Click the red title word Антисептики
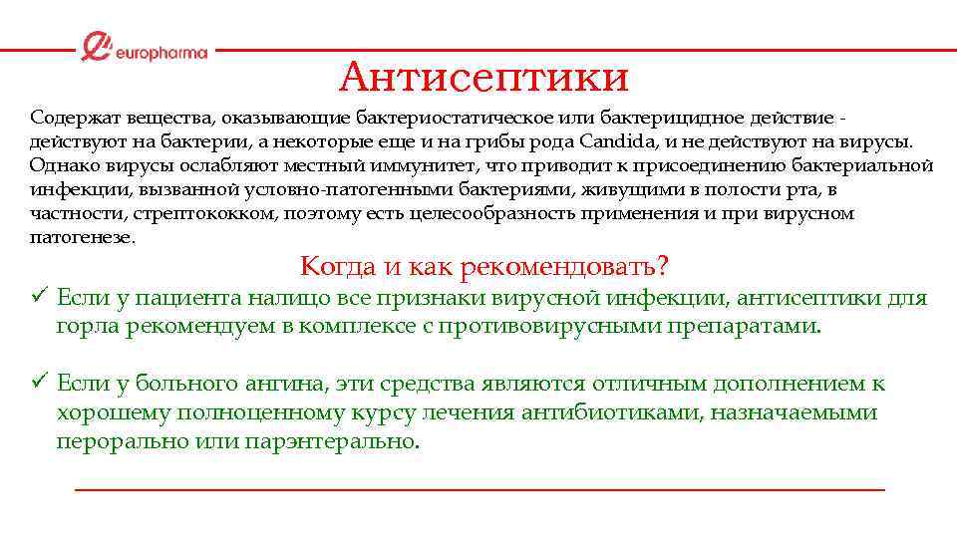[x=483, y=76]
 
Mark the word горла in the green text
[x=87, y=325]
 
